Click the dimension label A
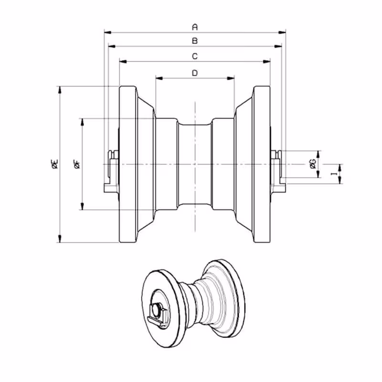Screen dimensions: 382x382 tap(195, 27)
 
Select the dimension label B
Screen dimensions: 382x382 tap(195, 41)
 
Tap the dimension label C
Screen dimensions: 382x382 tap(195, 56)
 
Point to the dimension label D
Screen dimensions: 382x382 tap(195, 73)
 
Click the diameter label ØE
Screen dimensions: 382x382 tap(55, 164)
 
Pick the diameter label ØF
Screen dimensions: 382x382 tap(77, 164)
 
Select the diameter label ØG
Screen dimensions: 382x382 tap(313, 164)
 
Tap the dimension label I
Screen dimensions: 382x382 tap(334, 174)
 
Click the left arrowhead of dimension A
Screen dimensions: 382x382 tap(108, 32)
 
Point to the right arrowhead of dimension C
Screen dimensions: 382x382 tap(267, 62)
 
